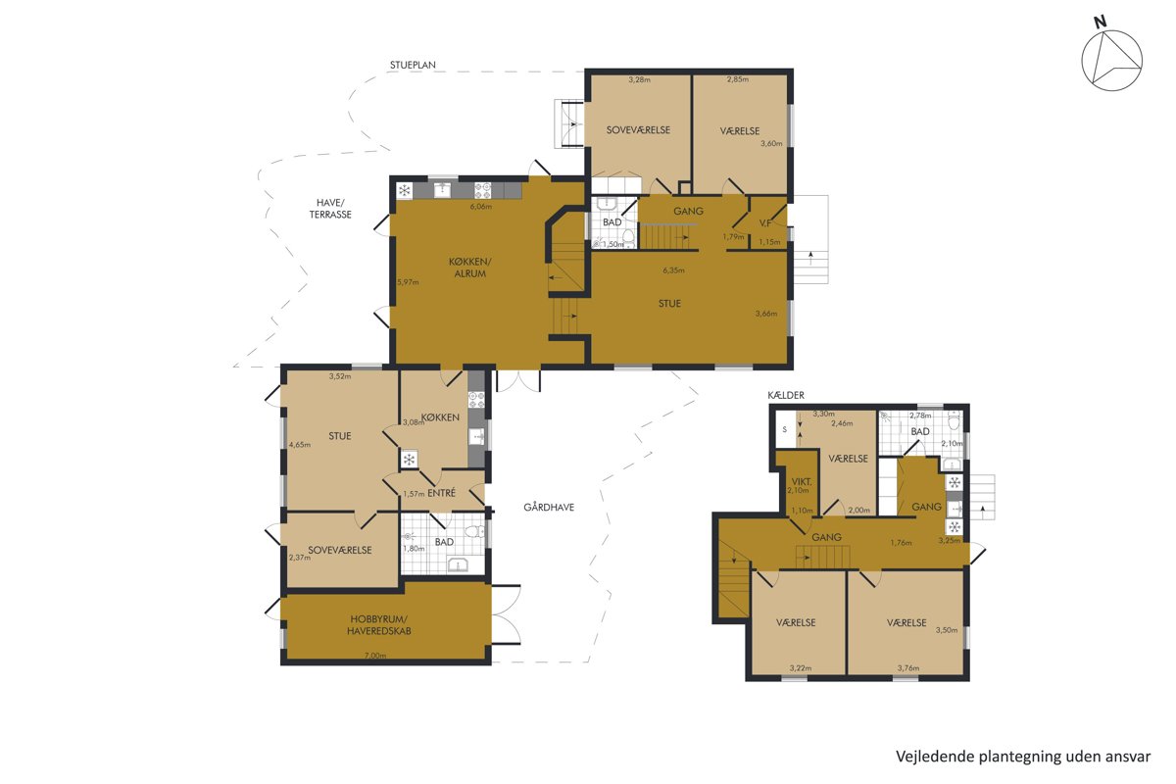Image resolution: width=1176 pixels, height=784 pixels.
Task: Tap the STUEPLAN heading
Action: pyautogui.click(x=413, y=65)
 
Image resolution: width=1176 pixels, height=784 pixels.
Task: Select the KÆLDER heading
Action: pyautogui.click(x=786, y=395)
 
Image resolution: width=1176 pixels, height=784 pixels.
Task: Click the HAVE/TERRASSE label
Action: pyautogui.click(x=330, y=209)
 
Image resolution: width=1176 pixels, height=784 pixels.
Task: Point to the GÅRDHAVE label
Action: pyautogui.click(x=549, y=508)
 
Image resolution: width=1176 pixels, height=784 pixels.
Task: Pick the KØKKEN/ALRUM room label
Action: pyautogui.click(x=469, y=268)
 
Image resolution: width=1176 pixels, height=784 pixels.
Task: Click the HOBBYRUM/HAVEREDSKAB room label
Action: pyautogui.click(x=378, y=625)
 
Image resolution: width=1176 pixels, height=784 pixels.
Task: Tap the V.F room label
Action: pyautogui.click(x=765, y=223)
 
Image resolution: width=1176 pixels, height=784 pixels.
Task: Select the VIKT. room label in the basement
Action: pyautogui.click(x=802, y=481)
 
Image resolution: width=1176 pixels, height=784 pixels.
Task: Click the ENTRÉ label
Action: pyautogui.click(x=442, y=493)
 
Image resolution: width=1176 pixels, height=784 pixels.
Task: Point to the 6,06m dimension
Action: pyautogui.click(x=481, y=207)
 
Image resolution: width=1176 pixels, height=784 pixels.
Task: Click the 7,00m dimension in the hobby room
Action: pyautogui.click(x=375, y=656)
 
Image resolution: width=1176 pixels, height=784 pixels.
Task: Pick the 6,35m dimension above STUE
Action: pyautogui.click(x=673, y=270)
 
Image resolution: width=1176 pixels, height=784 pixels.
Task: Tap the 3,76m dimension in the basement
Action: pyautogui.click(x=908, y=668)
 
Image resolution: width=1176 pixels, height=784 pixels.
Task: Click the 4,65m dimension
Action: pyautogui.click(x=300, y=445)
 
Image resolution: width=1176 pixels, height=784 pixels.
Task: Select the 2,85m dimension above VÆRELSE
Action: pyautogui.click(x=738, y=79)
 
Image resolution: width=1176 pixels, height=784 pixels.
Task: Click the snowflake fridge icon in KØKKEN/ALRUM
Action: pyautogui.click(x=404, y=190)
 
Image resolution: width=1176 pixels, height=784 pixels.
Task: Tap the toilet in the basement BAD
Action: pyautogui.click(x=954, y=420)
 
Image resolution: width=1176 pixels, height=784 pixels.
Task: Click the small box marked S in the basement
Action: pyautogui.click(x=785, y=429)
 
